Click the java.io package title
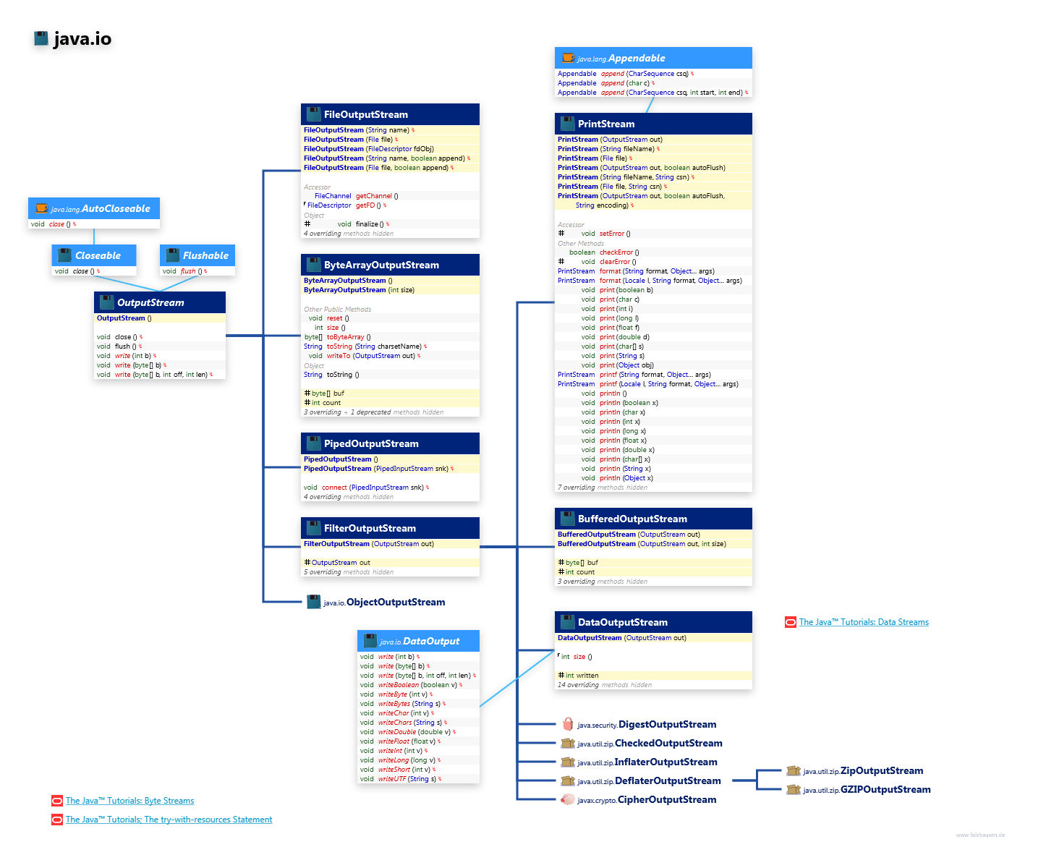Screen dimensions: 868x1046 pyautogui.click(x=82, y=39)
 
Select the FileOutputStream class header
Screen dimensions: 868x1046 pyautogui.click(x=365, y=114)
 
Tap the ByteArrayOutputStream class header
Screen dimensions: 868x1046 pyautogui.click(x=380, y=265)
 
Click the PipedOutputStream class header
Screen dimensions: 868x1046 pyautogui.click(x=370, y=443)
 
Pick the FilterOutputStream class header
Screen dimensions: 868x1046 pyautogui.click(x=369, y=528)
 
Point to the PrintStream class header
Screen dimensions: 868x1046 pyautogui.click(x=605, y=124)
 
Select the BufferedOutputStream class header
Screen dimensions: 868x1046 pyautogui.click(x=632, y=519)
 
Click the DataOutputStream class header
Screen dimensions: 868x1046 pyautogui.click(x=622, y=622)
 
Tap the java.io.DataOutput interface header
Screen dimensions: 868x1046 pyautogui.click(x=420, y=641)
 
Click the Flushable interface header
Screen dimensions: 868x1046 pyautogui.click(x=205, y=255)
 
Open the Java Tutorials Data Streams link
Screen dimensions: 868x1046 pyautogui.click(x=863, y=622)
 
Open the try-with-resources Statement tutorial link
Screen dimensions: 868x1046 pyautogui.click(x=169, y=820)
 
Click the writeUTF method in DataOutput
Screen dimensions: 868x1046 pyautogui.click(x=391, y=779)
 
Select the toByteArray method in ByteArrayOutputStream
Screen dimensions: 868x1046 pyautogui.click(x=345, y=337)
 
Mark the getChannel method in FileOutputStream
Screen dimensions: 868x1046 pyautogui.click(x=373, y=196)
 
